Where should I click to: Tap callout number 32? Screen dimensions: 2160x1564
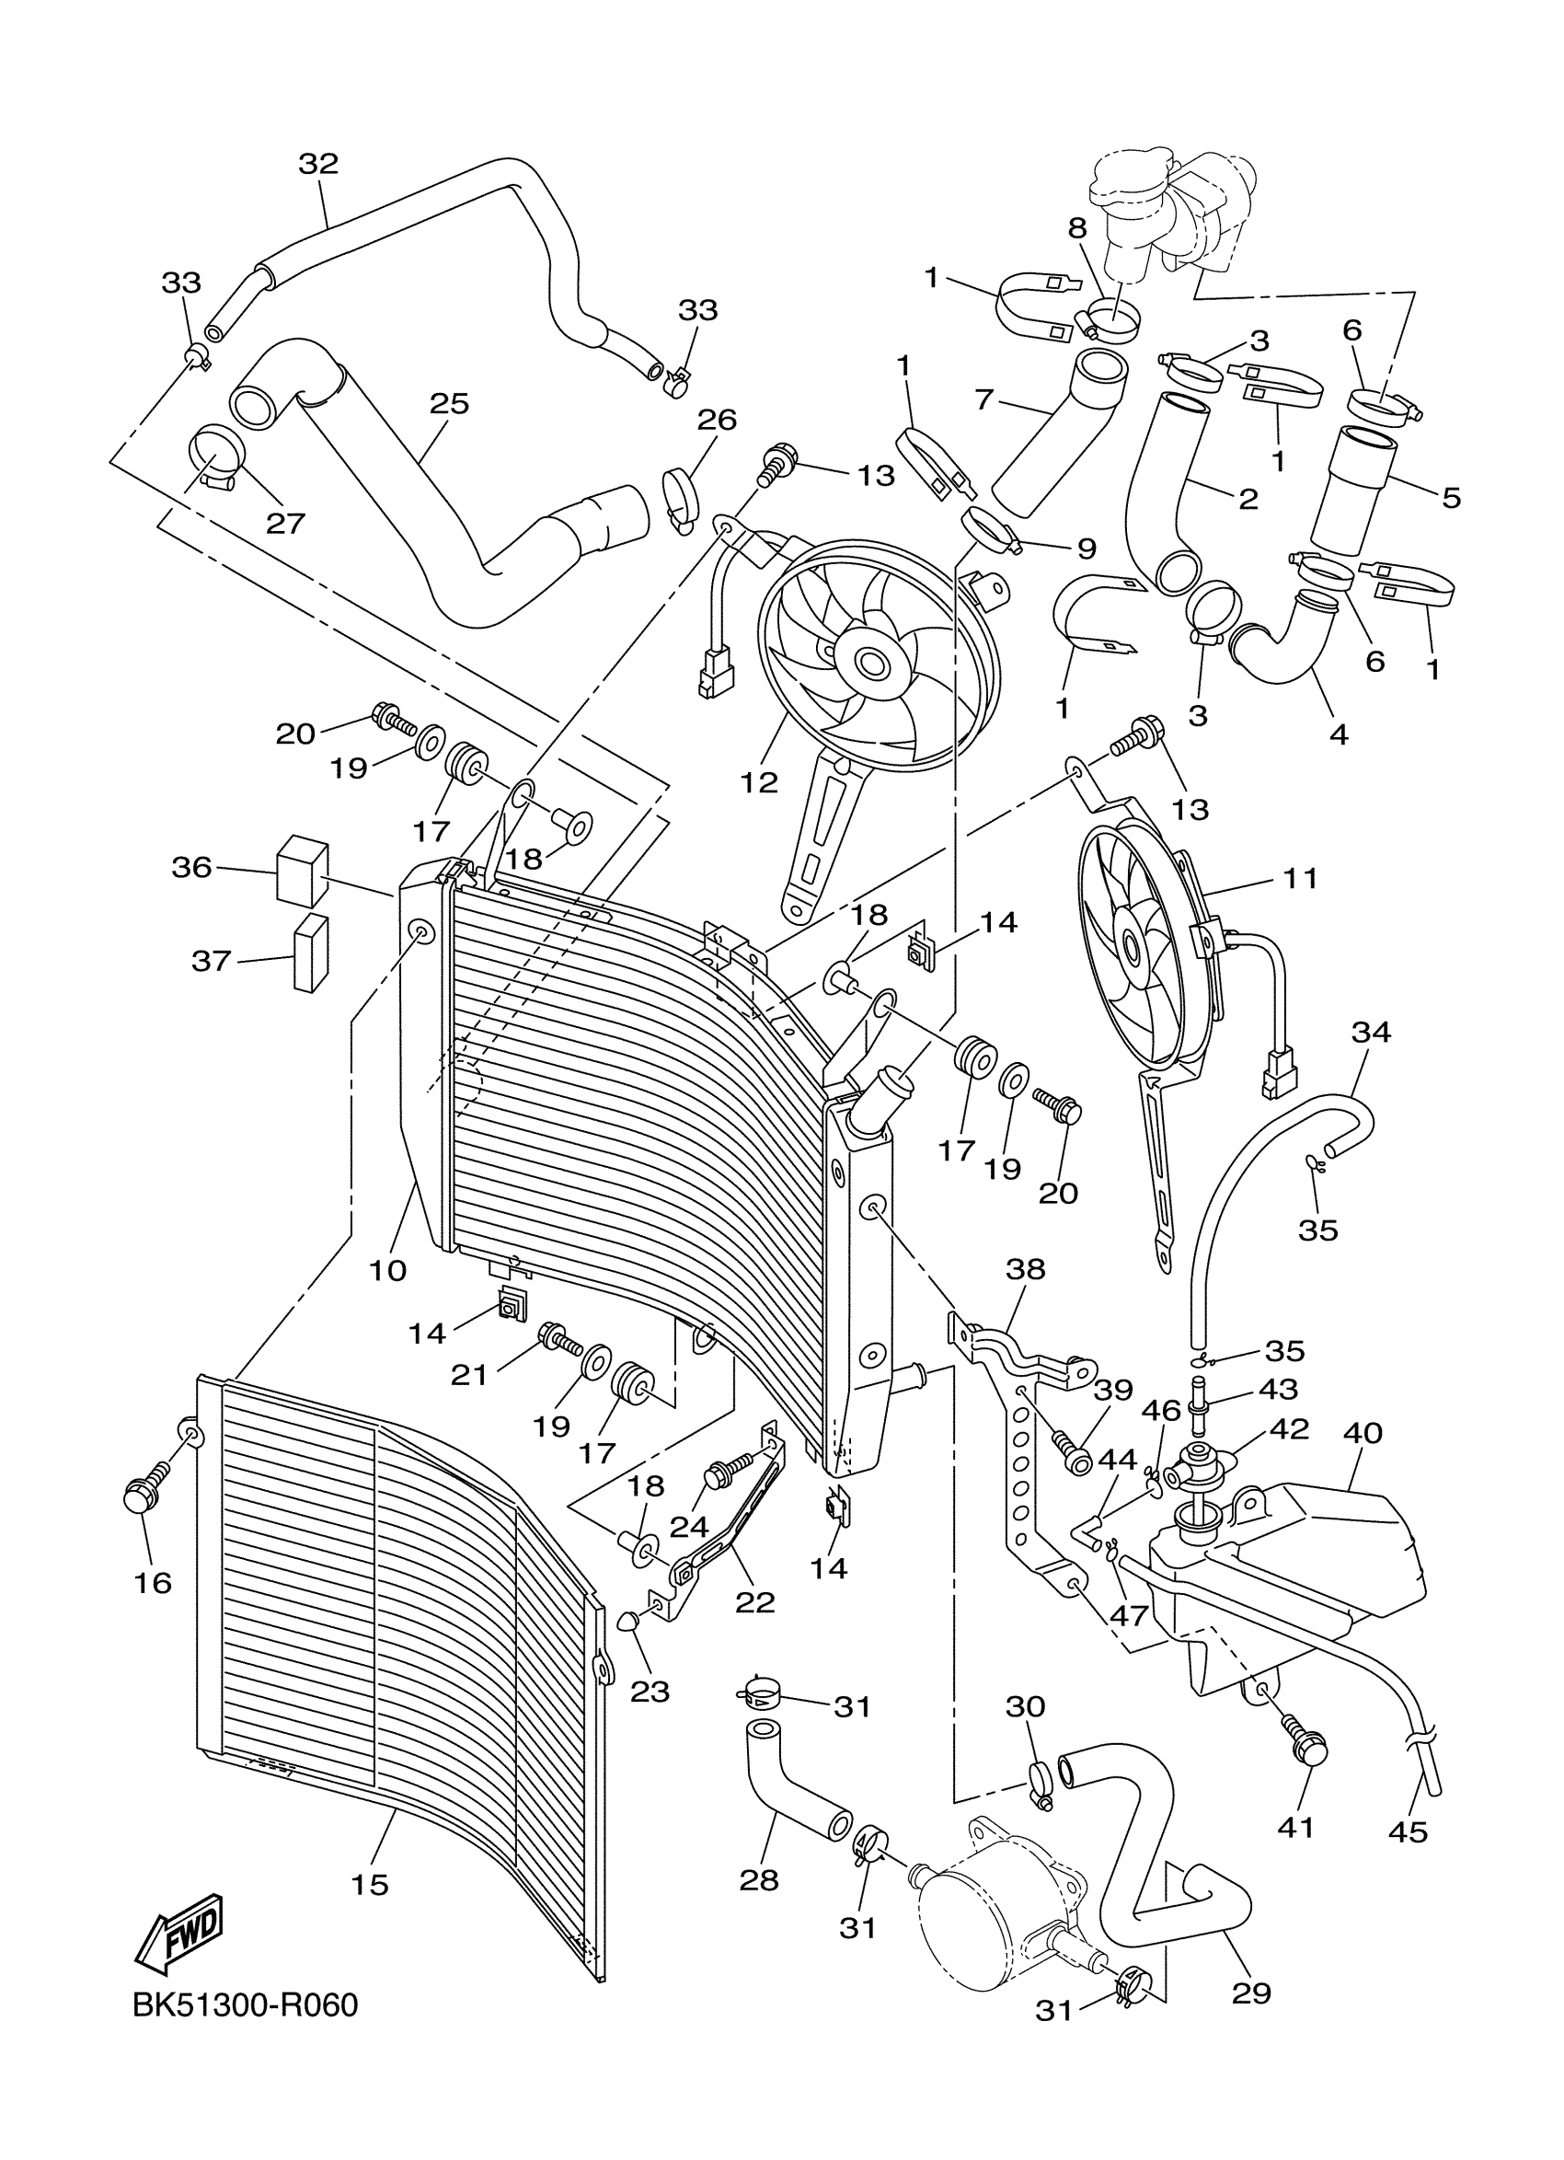click(x=318, y=164)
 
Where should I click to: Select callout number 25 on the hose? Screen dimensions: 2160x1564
click(x=449, y=404)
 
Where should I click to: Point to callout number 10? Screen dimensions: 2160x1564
click(x=388, y=1269)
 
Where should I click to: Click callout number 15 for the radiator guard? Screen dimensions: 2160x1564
click(x=369, y=1884)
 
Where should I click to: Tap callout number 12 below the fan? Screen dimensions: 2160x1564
click(x=759, y=782)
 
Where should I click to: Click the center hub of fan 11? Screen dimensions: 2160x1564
click(x=1130, y=948)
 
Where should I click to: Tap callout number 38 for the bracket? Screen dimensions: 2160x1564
click(x=1024, y=1268)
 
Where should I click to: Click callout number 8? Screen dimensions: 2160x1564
click(x=1076, y=227)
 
